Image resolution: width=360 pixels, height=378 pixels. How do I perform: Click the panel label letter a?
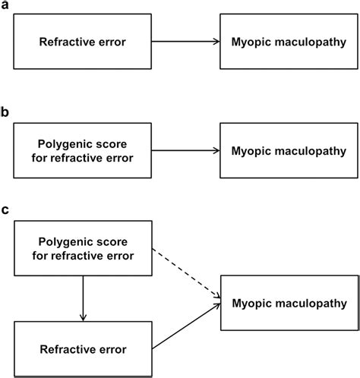5,7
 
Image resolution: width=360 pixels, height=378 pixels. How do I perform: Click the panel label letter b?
5,112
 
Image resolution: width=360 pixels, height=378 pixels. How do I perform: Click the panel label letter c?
5,210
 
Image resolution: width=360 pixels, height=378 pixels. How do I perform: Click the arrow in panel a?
186,43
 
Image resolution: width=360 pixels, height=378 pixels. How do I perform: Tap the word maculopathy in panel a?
308,43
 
